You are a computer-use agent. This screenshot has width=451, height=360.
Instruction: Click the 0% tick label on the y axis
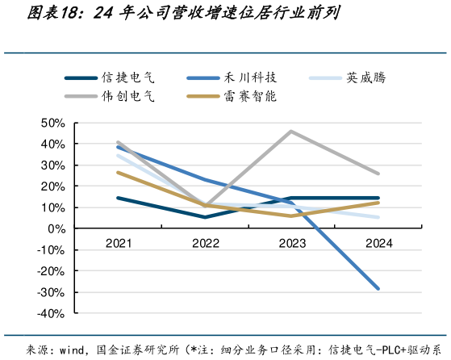click(x=56, y=228)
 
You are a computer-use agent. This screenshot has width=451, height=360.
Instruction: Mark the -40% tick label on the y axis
click(x=51, y=313)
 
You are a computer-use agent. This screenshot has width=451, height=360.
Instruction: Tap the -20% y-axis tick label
click(x=51, y=271)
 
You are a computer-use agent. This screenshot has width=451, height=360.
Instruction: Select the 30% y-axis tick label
click(x=52, y=165)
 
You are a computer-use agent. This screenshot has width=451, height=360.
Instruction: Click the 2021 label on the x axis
click(x=118, y=242)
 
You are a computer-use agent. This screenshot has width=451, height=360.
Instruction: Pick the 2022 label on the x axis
click(x=205, y=242)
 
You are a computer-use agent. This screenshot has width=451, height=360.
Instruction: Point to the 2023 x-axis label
click(x=291, y=242)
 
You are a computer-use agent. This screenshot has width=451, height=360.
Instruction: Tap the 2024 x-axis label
click(x=378, y=242)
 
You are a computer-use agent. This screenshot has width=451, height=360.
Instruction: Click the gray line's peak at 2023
click(x=291, y=132)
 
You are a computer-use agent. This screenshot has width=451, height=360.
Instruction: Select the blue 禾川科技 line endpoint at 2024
click(x=378, y=288)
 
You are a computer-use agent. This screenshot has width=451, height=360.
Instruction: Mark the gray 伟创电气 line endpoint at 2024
click(x=378, y=174)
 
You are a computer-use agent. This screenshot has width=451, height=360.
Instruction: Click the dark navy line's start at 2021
click(x=118, y=198)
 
